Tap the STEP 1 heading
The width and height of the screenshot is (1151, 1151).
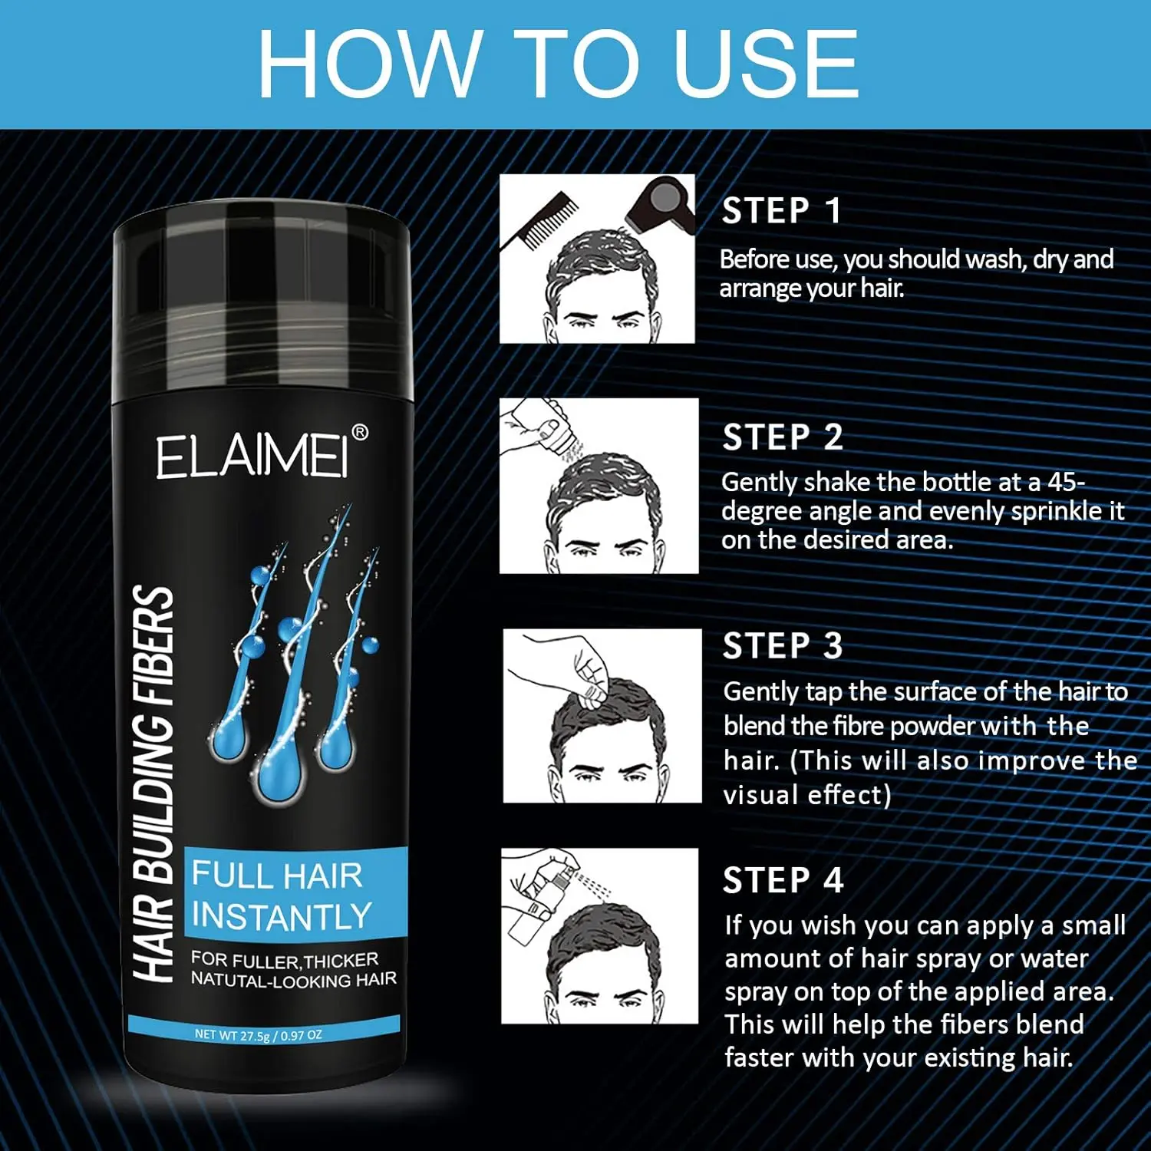pos(781,211)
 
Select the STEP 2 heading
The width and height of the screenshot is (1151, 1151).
pos(783,437)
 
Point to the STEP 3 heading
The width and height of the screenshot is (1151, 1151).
pos(783,646)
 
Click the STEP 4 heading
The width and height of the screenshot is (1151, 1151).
pos(783,880)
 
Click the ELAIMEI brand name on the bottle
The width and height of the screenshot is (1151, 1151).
pos(252,457)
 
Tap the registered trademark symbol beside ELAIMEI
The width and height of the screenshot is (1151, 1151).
pos(359,433)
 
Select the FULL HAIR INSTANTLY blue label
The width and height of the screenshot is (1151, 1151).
pos(295,895)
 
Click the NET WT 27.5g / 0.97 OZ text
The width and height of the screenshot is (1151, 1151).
pos(258,1034)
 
